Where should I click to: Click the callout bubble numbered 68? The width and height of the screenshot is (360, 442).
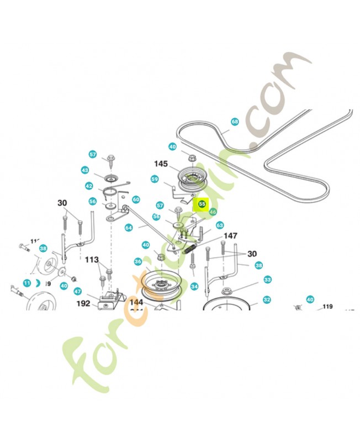coord(235,122)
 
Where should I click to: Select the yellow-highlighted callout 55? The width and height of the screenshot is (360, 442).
coord(202,204)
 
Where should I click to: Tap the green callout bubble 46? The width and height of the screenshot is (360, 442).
coord(213,212)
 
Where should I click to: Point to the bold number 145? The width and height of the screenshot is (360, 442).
coord(161,164)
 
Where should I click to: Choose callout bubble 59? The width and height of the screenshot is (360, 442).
coord(155,179)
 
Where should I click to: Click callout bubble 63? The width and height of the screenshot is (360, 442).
coord(219,225)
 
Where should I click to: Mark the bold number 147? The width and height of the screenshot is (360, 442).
coord(230,236)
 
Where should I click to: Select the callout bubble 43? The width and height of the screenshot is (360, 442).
coord(85,170)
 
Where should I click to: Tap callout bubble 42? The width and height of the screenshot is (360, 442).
coord(88,186)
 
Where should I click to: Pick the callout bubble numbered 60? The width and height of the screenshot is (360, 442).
coord(136,199)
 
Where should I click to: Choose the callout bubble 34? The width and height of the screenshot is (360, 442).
coord(194,287)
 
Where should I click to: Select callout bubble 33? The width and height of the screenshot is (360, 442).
coord(267,280)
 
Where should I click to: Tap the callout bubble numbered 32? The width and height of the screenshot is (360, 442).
coord(267,300)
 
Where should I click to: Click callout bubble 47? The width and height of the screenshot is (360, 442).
coord(78,291)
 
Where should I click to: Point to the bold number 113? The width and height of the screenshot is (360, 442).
coord(92,259)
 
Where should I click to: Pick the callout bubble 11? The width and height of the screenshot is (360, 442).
coord(27,283)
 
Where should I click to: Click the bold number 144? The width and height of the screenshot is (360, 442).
coord(136,303)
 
